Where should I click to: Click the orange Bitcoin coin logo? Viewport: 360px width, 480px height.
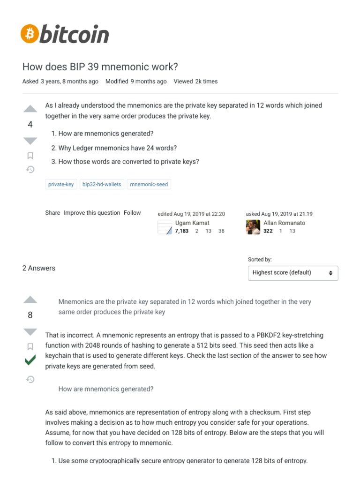pos(30,34)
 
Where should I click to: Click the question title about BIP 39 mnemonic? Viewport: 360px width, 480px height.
pos(100,67)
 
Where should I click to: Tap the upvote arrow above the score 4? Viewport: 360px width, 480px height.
pos(30,109)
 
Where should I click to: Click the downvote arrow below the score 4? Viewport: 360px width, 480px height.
pos(30,141)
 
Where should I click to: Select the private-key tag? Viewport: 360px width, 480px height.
pos(61,184)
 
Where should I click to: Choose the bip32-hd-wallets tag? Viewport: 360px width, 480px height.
pos(102,184)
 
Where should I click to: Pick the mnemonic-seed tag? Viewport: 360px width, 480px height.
pos(149,184)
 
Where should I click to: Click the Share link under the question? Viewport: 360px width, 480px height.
pos(52,213)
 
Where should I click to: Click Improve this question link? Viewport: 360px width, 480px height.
pos(92,213)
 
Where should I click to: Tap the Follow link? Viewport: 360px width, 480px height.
pos(132,213)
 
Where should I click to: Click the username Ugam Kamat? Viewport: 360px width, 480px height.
pos(192,223)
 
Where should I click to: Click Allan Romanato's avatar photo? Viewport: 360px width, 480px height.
pos(253,227)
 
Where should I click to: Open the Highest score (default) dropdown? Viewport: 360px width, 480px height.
pos(293,273)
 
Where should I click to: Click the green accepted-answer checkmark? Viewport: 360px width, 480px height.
pos(30,360)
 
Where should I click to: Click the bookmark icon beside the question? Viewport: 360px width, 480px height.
pos(30,156)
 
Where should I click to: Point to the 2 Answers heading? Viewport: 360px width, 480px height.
pos(39,268)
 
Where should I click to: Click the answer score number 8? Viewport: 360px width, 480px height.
pos(30,315)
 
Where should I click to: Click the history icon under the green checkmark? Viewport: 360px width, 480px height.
pos(30,379)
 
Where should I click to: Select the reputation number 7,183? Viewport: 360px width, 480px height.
pos(182,231)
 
